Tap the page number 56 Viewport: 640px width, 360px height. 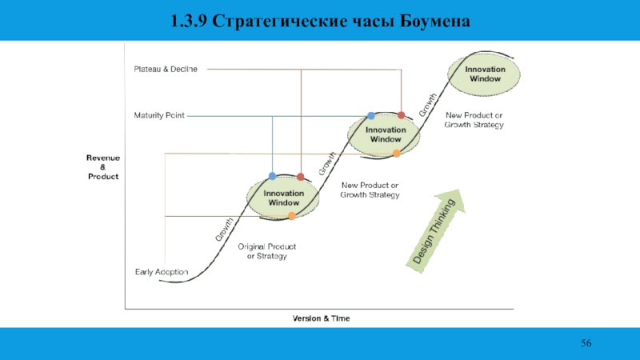586,343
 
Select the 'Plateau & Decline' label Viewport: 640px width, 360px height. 165,70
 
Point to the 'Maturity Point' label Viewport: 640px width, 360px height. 158,115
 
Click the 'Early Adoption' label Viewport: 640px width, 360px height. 161,272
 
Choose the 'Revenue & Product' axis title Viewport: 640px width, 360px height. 103,168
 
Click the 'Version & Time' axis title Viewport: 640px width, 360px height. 320,318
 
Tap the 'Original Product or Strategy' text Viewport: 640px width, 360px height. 266,251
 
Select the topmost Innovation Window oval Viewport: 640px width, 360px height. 486,74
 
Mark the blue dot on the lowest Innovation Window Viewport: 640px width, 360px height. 272,176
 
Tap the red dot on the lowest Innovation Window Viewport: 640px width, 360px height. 301,176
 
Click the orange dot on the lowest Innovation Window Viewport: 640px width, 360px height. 292,216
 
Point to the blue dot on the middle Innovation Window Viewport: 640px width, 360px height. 370,116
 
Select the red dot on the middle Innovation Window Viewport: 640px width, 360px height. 402,115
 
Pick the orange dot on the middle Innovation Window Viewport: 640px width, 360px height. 396,153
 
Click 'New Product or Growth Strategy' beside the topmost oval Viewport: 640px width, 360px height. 474,120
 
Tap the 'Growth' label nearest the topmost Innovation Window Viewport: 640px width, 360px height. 427,105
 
